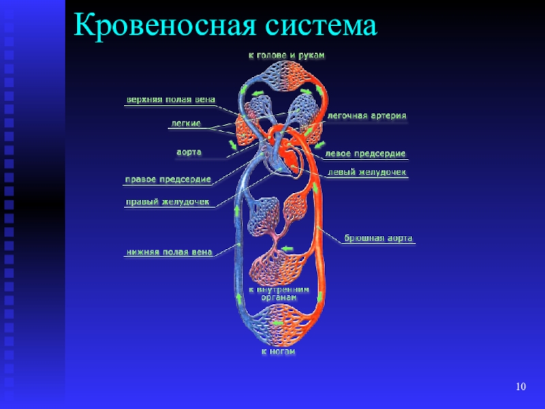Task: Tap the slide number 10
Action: [x=521, y=387]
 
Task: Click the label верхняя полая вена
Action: [x=170, y=100]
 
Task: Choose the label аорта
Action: [x=189, y=151]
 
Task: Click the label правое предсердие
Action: [x=168, y=180]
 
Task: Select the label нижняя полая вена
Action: [x=168, y=252]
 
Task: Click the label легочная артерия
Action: [x=367, y=116]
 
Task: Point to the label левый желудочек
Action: [x=367, y=172]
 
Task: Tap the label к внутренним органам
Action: [x=279, y=292]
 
